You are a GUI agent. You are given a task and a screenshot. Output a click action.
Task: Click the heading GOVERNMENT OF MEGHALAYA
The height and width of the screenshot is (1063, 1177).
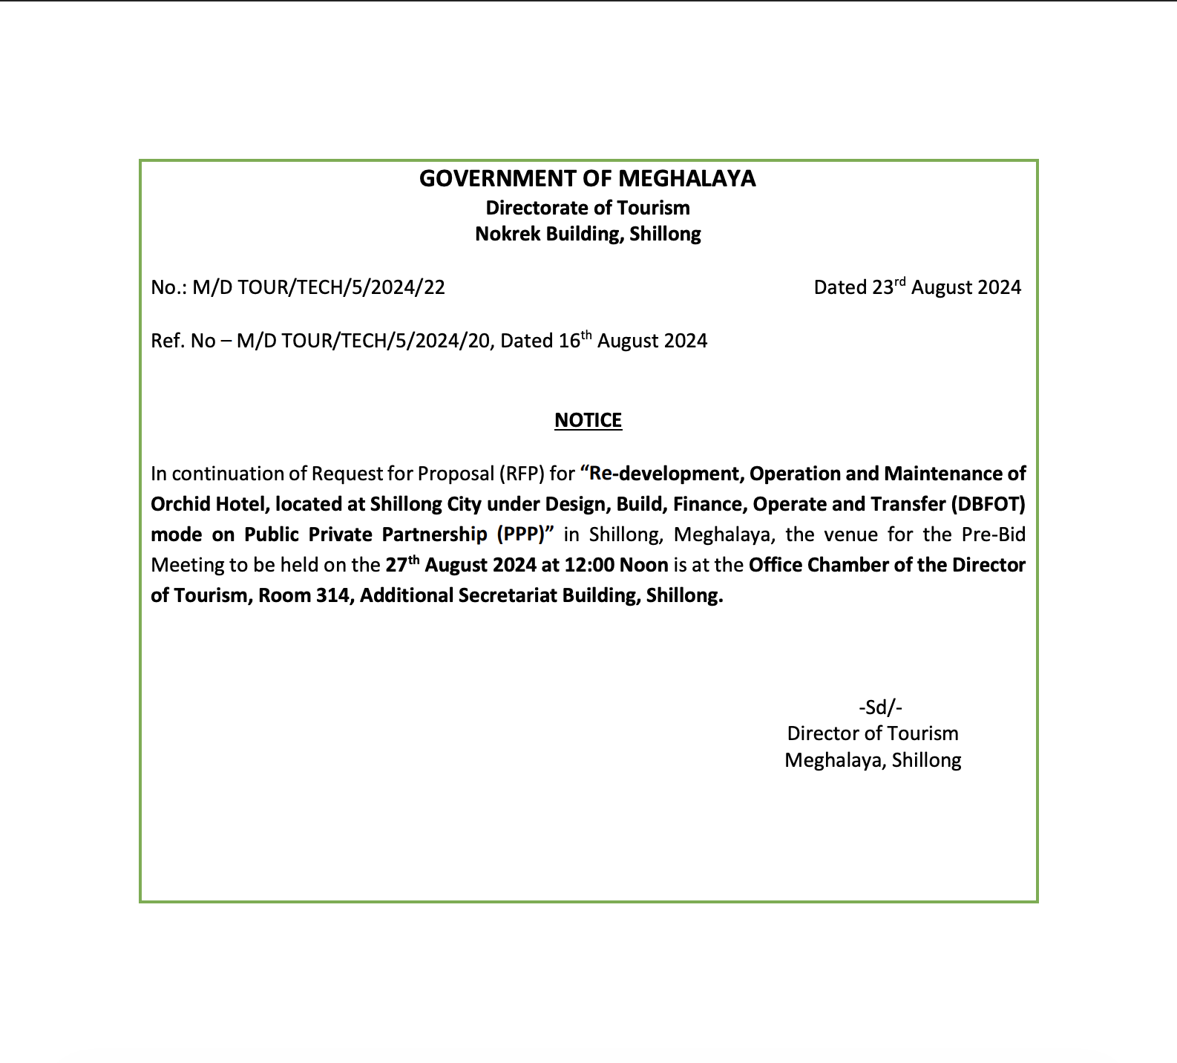tap(587, 179)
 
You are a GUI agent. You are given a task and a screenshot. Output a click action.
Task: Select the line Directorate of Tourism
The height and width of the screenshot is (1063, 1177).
tap(587, 208)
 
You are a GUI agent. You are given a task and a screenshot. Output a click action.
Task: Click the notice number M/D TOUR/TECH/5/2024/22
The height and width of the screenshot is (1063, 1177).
tap(318, 288)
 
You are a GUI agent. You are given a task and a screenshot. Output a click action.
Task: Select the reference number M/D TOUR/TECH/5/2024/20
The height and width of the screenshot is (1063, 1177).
tap(364, 341)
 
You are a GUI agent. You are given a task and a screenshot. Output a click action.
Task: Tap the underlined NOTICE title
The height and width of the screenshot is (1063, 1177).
tap(588, 421)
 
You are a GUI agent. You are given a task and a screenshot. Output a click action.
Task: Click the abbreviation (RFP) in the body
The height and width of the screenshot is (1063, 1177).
tap(521, 474)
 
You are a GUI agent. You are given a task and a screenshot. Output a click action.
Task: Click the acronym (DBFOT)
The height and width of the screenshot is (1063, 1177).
tap(987, 505)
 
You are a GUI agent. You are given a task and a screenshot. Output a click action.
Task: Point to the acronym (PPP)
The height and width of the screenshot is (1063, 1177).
tap(521, 535)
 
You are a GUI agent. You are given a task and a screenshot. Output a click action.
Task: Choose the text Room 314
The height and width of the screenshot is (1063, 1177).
tap(303, 596)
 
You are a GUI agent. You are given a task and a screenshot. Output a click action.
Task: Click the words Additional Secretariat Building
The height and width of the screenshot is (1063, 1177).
tap(498, 596)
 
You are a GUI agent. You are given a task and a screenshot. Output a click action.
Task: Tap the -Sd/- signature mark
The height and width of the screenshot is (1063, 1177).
tap(880, 707)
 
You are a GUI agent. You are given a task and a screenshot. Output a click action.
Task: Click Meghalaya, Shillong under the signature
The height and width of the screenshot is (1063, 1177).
tap(873, 761)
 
